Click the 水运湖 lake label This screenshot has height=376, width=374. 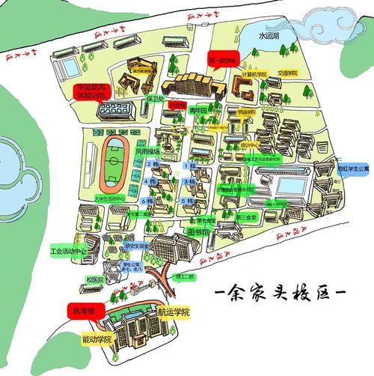click(x=270, y=34)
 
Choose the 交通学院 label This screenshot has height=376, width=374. click(x=286, y=73)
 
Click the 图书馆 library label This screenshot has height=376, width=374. click(x=197, y=231)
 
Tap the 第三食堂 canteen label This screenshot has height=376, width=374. click(x=246, y=217)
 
